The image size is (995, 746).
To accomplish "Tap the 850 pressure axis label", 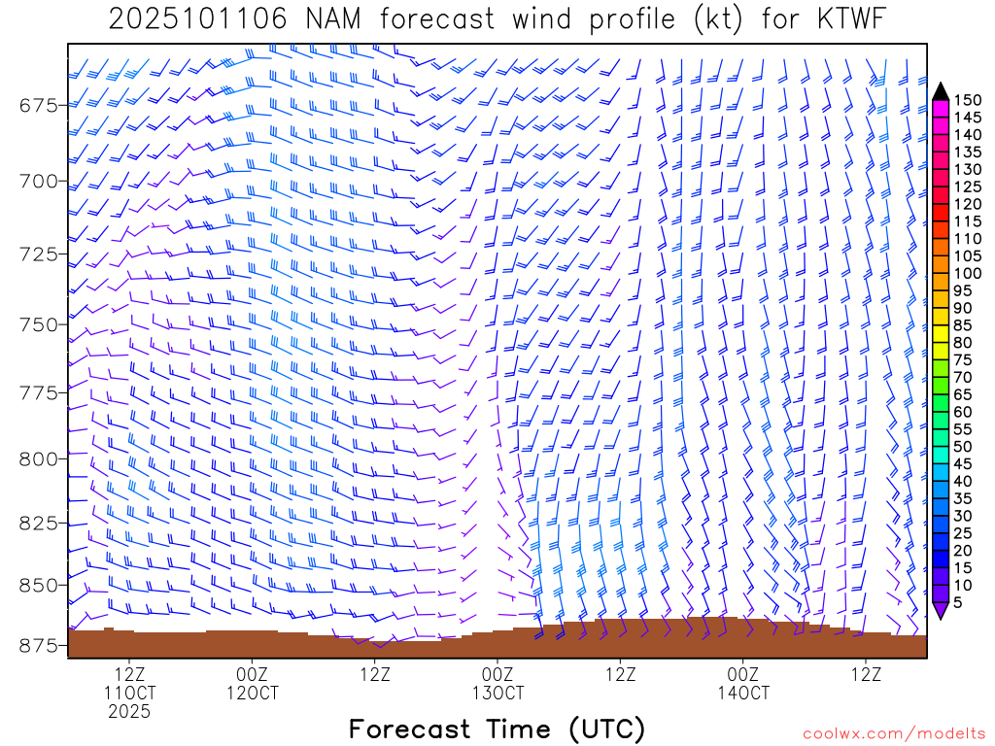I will [x=39, y=585].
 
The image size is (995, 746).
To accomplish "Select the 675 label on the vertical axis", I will [x=39, y=105].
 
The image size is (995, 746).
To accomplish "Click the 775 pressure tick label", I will [x=39, y=392].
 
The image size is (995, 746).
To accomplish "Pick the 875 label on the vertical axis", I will [x=39, y=646].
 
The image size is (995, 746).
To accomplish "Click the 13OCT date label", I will [x=497, y=694].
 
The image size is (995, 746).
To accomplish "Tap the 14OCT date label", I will [x=743, y=694].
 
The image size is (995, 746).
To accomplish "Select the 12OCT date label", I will [x=252, y=694].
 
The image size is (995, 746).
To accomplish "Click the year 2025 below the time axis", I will [x=129, y=712].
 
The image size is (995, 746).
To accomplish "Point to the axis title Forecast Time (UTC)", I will [x=497, y=729].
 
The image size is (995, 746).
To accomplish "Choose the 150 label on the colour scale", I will [x=966, y=100].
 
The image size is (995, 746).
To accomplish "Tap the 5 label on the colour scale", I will [x=958, y=602].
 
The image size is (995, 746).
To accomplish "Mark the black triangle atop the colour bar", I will [x=941, y=90].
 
